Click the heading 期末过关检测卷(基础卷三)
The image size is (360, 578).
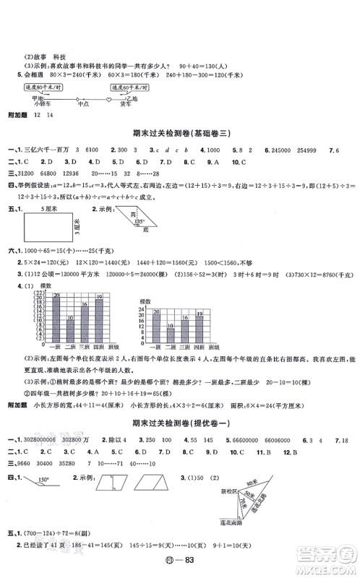coord(179,134)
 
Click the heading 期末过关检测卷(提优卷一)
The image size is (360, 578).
coord(179,422)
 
